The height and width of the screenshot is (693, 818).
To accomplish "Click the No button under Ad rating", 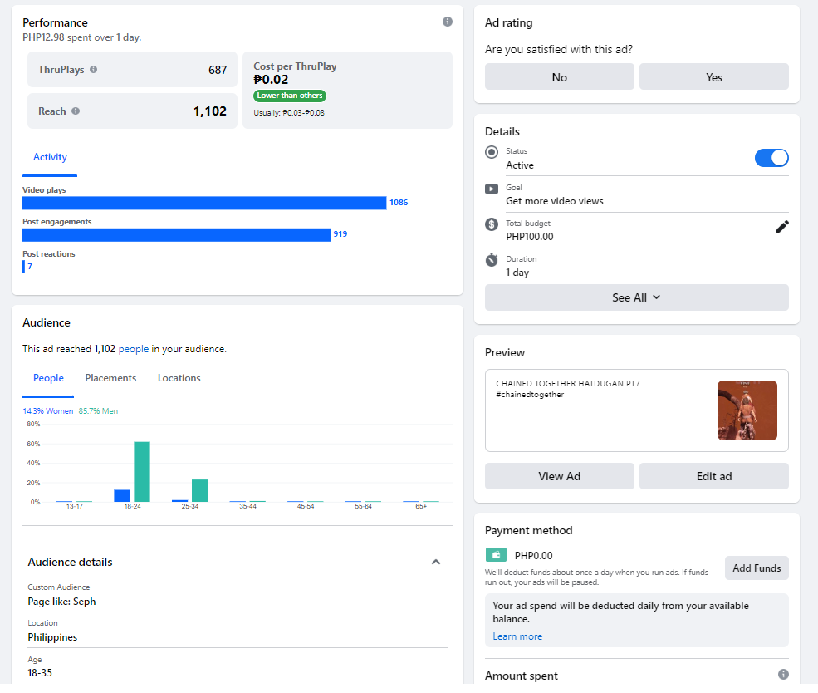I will [559, 77].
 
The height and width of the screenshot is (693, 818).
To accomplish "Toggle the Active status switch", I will [771, 158].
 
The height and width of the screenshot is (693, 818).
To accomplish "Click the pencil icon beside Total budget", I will [782, 227].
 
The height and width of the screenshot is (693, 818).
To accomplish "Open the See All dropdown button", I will [636, 297].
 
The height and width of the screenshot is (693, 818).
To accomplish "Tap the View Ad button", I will [559, 476].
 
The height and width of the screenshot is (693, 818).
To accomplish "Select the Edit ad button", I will [713, 476].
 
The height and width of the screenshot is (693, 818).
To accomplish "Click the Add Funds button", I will [756, 568].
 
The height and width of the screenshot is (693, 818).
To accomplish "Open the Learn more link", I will [517, 636].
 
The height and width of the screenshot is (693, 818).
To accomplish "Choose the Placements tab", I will [110, 378].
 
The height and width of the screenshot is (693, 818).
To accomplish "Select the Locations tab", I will [179, 378].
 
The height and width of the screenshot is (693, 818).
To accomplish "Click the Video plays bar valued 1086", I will [204, 203].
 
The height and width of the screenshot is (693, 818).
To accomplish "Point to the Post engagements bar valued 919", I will [176, 234].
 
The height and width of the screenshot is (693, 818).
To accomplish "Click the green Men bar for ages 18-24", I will [142, 472].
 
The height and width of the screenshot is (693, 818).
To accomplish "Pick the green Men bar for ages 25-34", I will [199, 491].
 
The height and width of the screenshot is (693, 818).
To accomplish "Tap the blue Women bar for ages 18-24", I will [122, 496].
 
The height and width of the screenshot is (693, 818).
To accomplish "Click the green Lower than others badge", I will [290, 96].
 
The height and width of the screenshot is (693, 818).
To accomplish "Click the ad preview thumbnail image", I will [747, 410].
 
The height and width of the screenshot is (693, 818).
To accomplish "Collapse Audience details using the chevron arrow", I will [436, 563].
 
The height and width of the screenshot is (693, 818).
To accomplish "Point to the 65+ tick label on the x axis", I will [421, 506].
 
